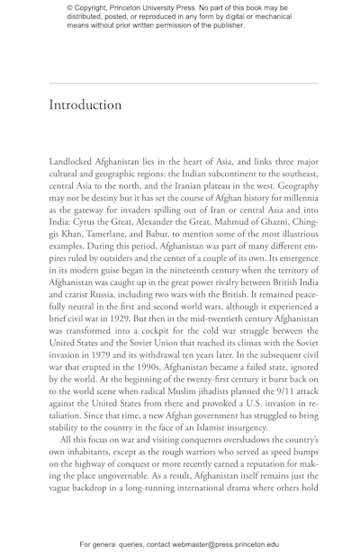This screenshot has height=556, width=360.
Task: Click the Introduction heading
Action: point(85,105)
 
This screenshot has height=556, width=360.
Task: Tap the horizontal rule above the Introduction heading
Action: point(184,83)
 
